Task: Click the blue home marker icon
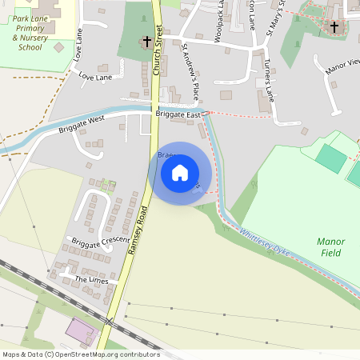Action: tap(180, 173)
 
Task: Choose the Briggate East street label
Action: tap(178, 115)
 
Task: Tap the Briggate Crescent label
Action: tap(100, 241)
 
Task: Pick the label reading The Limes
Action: tap(90, 280)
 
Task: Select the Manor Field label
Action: tap(330, 246)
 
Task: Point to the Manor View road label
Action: tap(343, 67)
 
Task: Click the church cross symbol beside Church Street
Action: tap(146, 41)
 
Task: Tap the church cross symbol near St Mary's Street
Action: tap(334, 26)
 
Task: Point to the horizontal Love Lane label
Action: tap(96, 77)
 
